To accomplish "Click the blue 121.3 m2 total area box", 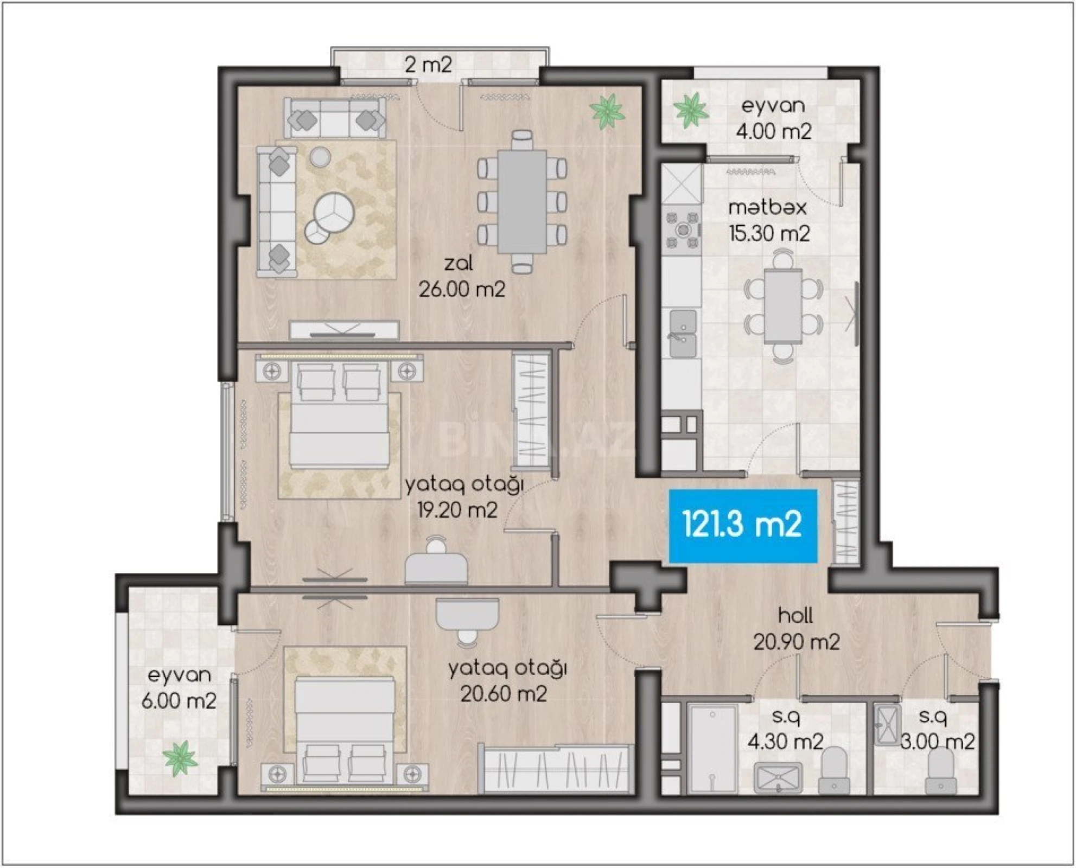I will (742, 525).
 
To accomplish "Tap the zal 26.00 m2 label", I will (461, 277).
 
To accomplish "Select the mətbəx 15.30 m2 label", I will (768, 220).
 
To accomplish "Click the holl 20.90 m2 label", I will (796, 629).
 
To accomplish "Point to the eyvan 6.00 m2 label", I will (179, 688).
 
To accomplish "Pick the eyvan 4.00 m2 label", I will (773, 118).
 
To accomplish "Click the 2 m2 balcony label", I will (428, 65).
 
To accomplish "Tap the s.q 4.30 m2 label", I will (786, 729).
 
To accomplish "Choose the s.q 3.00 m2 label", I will (936, 729).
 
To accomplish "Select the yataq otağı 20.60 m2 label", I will (506, 681).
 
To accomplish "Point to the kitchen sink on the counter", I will (683, 334).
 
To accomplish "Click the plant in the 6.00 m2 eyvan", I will (180, 758).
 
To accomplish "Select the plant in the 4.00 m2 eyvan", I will (690, 110).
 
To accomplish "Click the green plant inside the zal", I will (608, 111).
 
